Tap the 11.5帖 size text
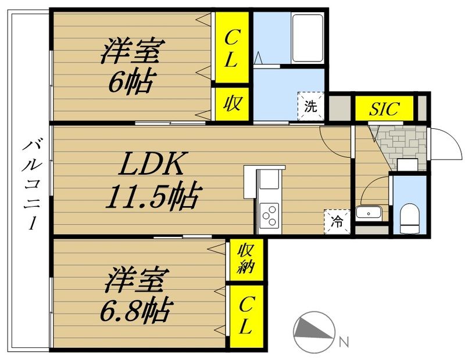152,198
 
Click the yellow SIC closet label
384,109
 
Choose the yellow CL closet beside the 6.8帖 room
245,316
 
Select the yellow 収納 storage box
245,259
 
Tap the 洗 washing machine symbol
311,106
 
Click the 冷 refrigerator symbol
337,221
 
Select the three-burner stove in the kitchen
270,217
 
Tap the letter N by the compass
344,341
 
